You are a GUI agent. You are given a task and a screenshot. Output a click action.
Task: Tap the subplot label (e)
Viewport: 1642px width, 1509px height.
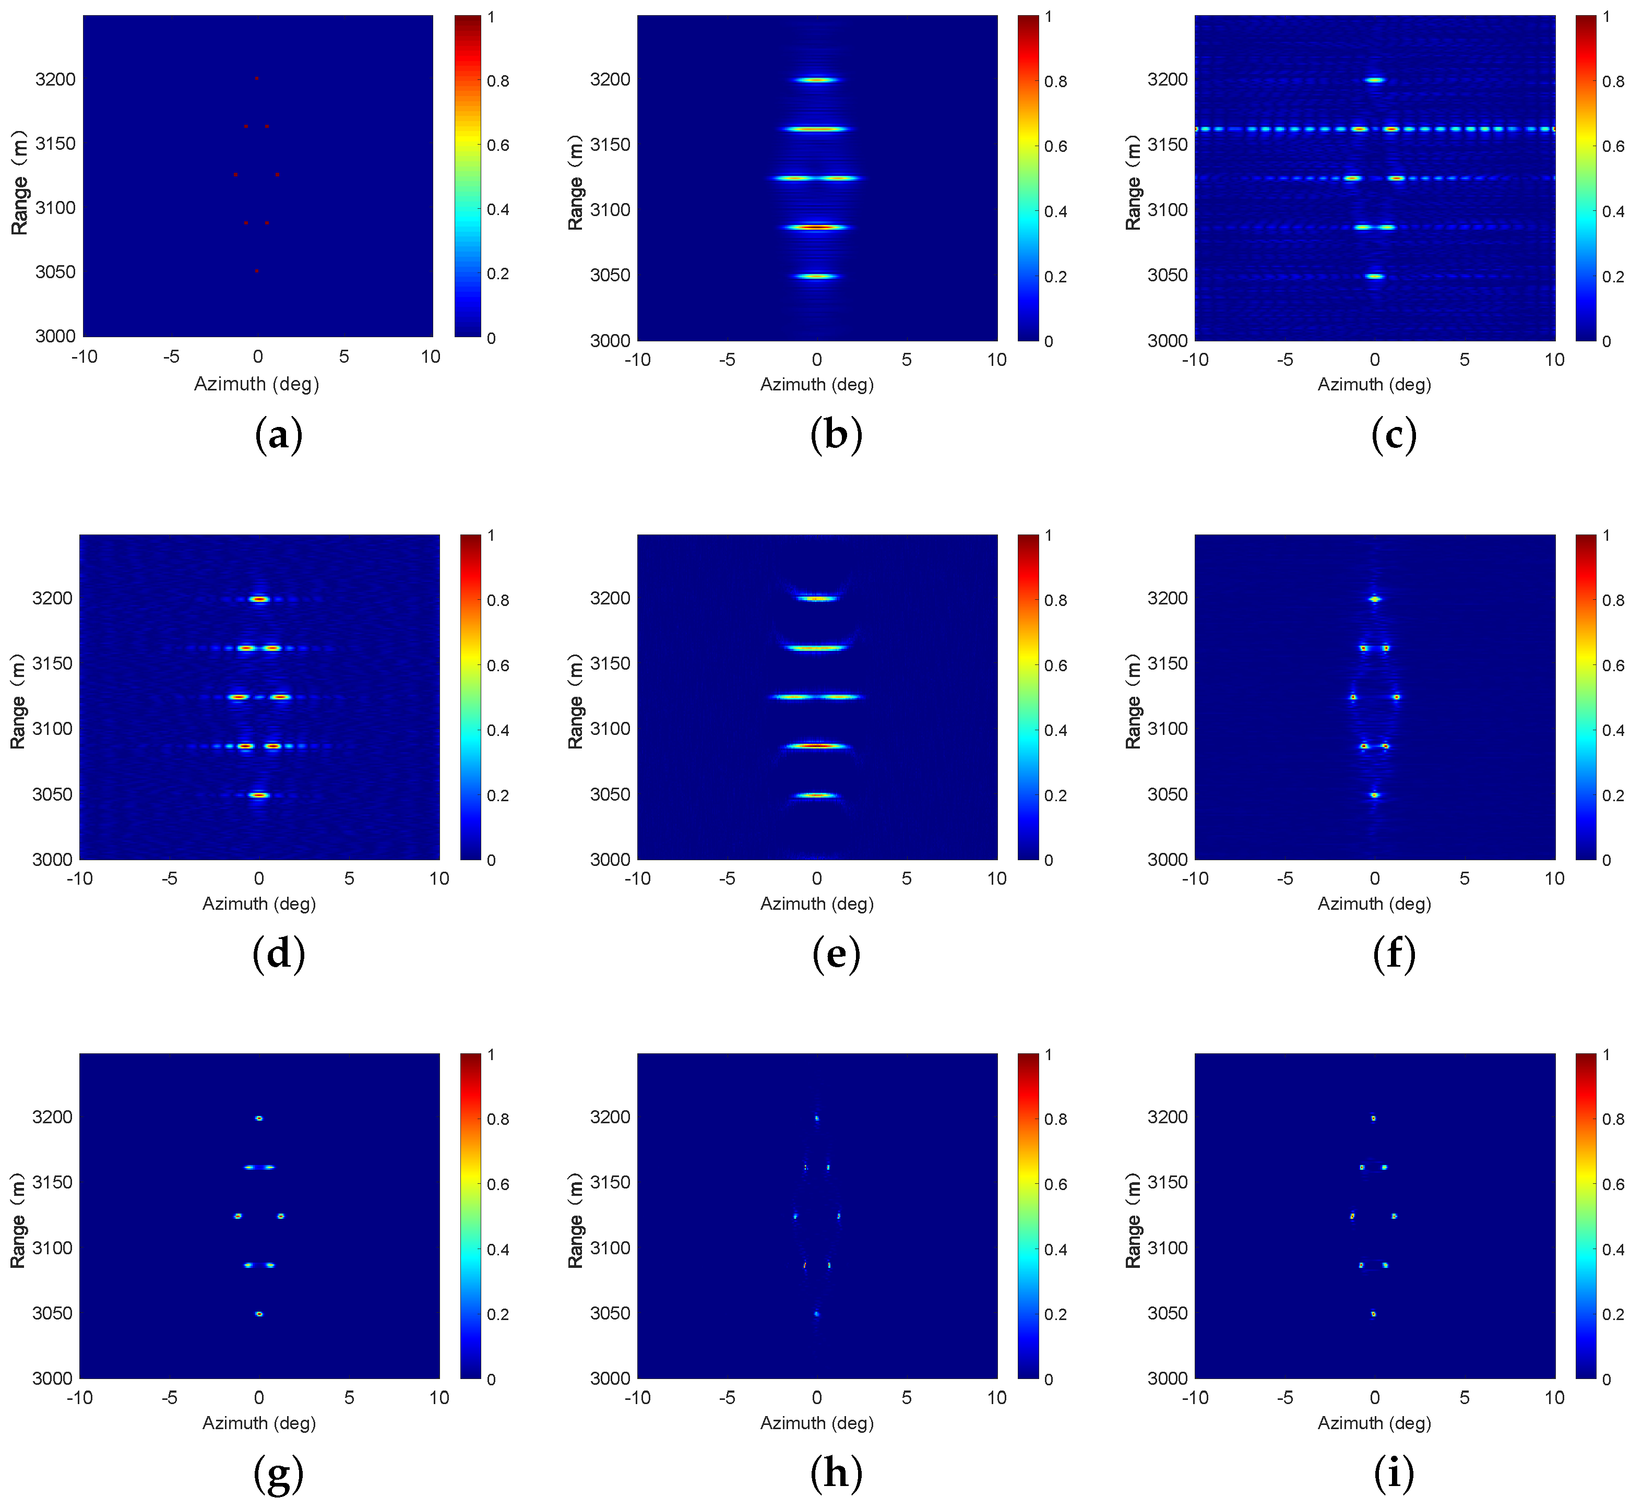click(x=836, y=954)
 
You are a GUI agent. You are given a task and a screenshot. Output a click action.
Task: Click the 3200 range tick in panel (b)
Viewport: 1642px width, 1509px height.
click(x=610, y=80)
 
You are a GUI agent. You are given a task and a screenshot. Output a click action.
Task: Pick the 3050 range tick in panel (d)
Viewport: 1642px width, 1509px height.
click(x=52, y=794)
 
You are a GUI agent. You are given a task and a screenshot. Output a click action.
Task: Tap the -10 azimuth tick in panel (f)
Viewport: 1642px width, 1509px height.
click(x=1195, y=878)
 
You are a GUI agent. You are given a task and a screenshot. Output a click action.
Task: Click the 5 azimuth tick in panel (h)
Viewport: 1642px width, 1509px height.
click(x=906, y=1397)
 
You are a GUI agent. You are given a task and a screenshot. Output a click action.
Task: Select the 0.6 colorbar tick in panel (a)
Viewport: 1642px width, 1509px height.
click(x=498, y=145)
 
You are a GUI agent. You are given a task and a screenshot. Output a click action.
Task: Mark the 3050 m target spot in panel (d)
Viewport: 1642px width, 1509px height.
click(x=259, y=794)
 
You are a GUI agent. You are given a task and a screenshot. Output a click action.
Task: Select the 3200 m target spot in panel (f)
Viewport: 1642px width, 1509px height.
click(x=1374, y=599)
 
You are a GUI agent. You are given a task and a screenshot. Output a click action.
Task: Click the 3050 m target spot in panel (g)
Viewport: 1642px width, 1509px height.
click(x=259, y=1314)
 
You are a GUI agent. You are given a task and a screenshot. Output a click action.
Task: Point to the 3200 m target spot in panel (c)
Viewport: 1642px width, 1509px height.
click(x=1375, y=80)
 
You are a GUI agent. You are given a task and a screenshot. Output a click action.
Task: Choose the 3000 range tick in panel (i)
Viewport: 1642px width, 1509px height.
click(x=1168, y=1379)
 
